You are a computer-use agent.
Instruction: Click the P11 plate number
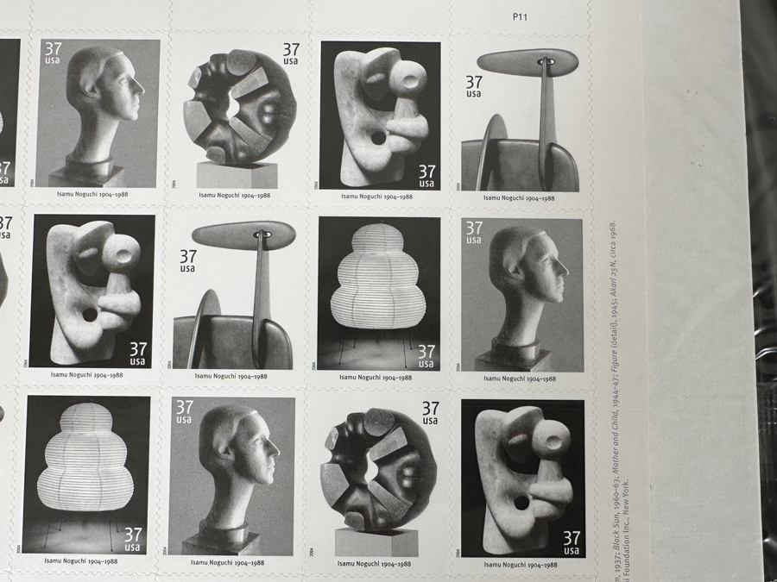click(520, 16)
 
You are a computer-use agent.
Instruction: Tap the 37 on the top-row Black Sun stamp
click(291, 51)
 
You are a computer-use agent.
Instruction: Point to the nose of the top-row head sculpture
click(141, 90)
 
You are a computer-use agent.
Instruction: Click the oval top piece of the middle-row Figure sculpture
click(243, 235)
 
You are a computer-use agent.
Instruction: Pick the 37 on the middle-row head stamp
click(474, 228)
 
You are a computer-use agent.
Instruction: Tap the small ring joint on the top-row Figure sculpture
click(545, 61)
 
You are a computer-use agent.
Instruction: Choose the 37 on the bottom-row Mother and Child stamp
click(572, 539)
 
